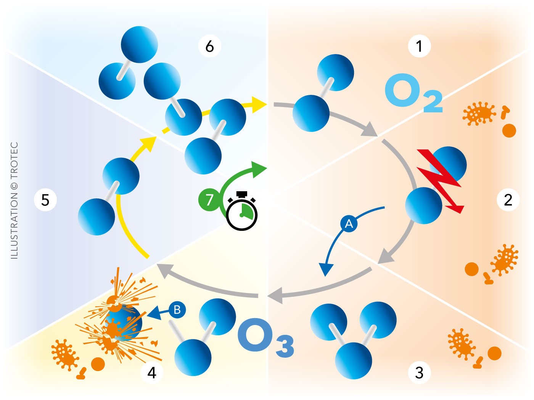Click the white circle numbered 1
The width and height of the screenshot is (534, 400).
click(419, 46)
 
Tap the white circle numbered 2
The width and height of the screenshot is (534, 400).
click(508, 200)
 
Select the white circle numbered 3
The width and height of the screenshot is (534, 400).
click(419, 372)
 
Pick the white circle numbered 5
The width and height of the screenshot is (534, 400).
click(45, 200)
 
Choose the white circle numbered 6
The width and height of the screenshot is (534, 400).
click(209, 46)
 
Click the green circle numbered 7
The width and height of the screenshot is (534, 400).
click(209, 199)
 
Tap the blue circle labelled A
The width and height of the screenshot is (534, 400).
click(349, 224)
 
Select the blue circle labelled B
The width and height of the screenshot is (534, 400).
click(177, 309)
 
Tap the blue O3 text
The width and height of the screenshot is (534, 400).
click(265, 337)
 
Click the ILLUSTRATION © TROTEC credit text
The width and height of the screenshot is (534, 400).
click(14, 201)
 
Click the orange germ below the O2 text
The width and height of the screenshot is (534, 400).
click(478, 113)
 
